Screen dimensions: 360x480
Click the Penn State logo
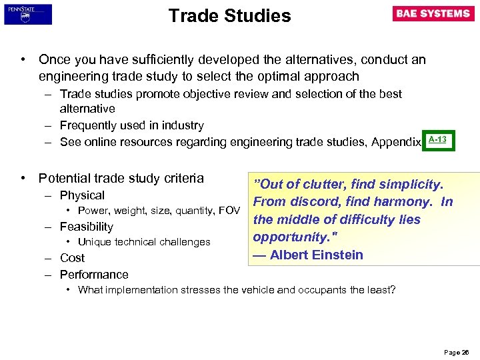[x=27, y=14]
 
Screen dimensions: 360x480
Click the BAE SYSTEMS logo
[x=433, y=14]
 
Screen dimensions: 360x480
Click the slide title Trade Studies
[x=229, y=15]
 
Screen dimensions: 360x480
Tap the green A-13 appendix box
[x=437, y=140]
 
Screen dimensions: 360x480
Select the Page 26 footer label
[x=457, y=351]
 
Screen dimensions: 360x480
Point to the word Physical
[x=82, y=195]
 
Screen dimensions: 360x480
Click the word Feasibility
[x=87, y=227]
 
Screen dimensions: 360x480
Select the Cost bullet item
[x=72, y=258]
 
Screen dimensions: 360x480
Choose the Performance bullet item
[x=94, y=274]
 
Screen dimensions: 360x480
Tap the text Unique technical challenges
[x=144, y=242]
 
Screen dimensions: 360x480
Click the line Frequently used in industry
[x=131, y=125]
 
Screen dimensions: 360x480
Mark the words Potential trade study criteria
[x=121, y=178]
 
